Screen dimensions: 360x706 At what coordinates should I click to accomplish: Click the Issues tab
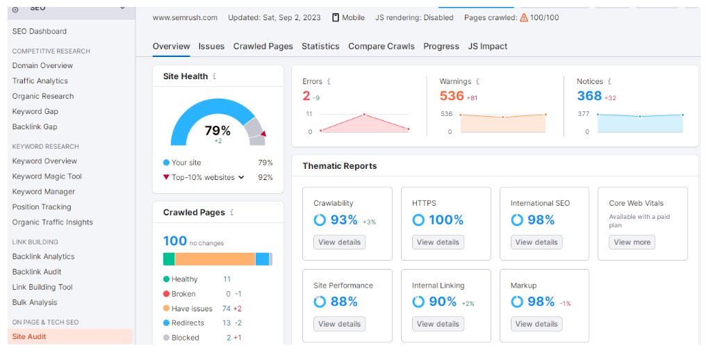pyautogui.click(x=211, y=47)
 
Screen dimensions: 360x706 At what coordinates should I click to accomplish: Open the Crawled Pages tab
pyautogui.click(x=263, y=47)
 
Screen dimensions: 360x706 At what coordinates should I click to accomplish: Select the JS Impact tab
pyautogui.click(x=487, y=47)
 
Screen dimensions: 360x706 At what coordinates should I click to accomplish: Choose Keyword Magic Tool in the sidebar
pyautogui.click(x=47, y=177)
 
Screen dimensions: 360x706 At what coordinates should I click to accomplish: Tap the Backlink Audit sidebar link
pyautogui.click(x=37, y=272)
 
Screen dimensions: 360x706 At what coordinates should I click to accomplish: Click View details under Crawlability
pyautogui.click(x=339, y=243)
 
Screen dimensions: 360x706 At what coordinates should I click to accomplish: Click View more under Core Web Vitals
pyautogui.click(x=632, y=243)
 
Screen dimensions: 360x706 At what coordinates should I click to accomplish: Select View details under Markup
pyautogui.click(x=536, y=324)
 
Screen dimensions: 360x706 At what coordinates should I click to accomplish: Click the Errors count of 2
pyautogui.click(x=306, y=96)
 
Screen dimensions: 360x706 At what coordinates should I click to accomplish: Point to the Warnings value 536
pyautogui.click(x=451, y=96)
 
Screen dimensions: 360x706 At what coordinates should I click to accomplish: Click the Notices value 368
pyautogui.click(x=589, y=96)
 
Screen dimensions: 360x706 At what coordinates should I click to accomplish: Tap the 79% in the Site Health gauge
pyautogui.click(x=217, y=131)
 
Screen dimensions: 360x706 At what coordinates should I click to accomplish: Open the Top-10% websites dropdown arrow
pyautogui.click(x=242, y=177)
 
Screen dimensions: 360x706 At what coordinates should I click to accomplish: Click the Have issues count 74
pyautogui.click(x=227, y=309)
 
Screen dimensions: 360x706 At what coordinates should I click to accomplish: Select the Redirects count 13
pyautogui.click(x=227, y=323)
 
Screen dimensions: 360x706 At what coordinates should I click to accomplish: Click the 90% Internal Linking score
pyautogui.click(x=443, y=302)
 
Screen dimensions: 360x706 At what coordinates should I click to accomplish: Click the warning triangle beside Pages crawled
pyautogui.click(x=524, y=17)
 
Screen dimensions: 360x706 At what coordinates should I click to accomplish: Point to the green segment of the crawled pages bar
pyautogui.click(x=169, y=259)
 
